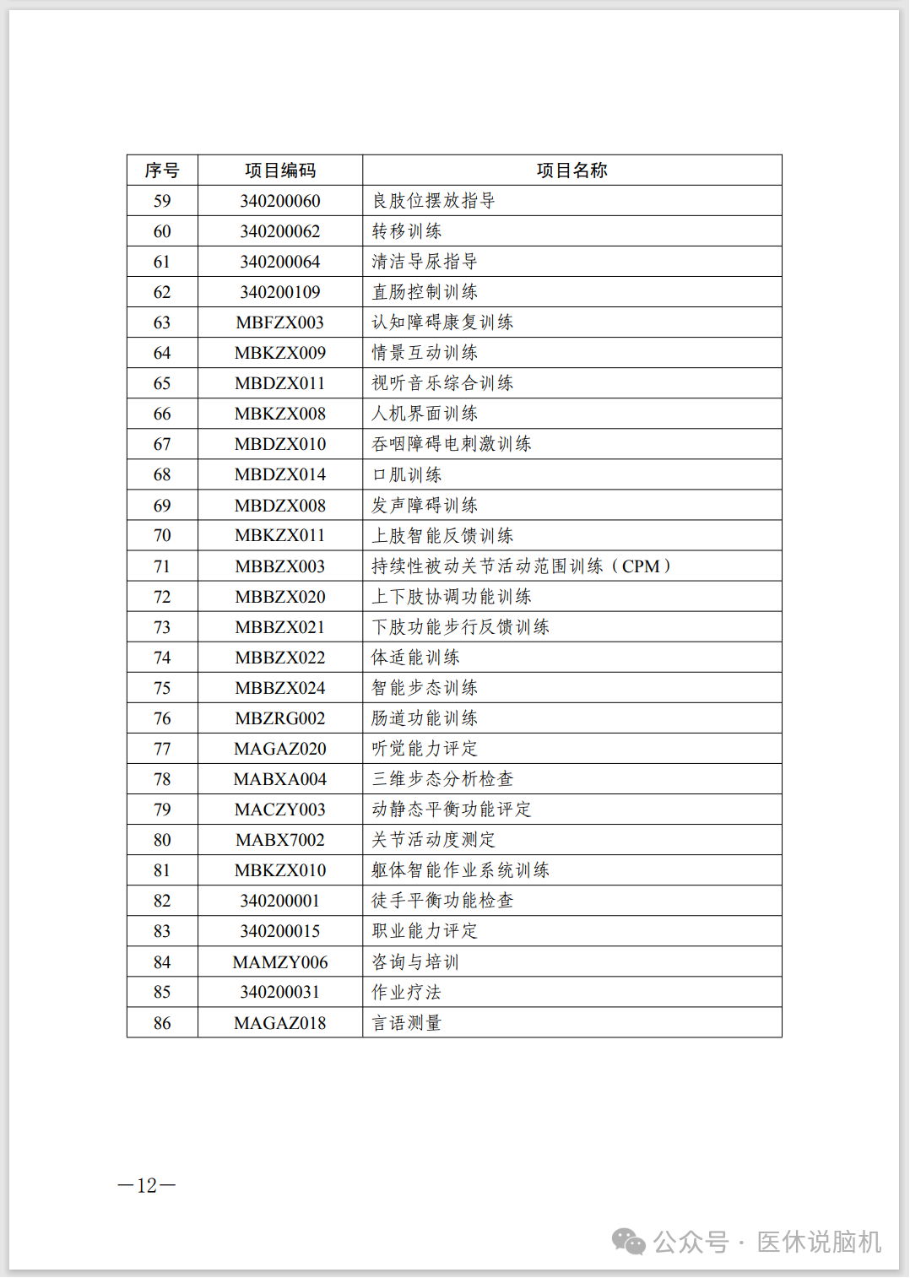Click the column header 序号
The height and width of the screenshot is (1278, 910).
[162, 171]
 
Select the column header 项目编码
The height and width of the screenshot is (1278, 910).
[280, 171]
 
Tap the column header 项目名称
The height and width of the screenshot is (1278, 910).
[571, 171]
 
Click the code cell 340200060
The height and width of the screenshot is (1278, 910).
[280, 201]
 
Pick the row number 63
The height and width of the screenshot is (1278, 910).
[162, 322]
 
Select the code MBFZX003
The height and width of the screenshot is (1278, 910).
[280, 322]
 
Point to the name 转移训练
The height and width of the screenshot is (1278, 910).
[407, 231]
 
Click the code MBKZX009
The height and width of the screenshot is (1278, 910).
[280, 353]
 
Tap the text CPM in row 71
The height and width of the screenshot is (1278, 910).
[641, 566]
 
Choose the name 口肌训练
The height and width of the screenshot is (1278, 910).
[407, 475]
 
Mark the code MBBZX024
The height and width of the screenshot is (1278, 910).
[280, 688]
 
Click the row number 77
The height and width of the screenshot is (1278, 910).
[162, 749]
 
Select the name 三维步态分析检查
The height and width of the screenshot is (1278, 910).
[442, 779]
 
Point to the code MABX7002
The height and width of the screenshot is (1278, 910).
[280, 840]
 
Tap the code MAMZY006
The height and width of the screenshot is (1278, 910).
[280, 962]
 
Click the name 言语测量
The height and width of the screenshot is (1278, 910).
[407, 1023]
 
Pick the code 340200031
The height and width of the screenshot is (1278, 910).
[280, 993]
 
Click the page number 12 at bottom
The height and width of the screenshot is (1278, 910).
[147, 1186]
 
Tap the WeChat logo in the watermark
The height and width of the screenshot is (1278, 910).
[629, 1242]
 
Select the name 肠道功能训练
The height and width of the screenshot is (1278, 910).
[425, 718]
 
